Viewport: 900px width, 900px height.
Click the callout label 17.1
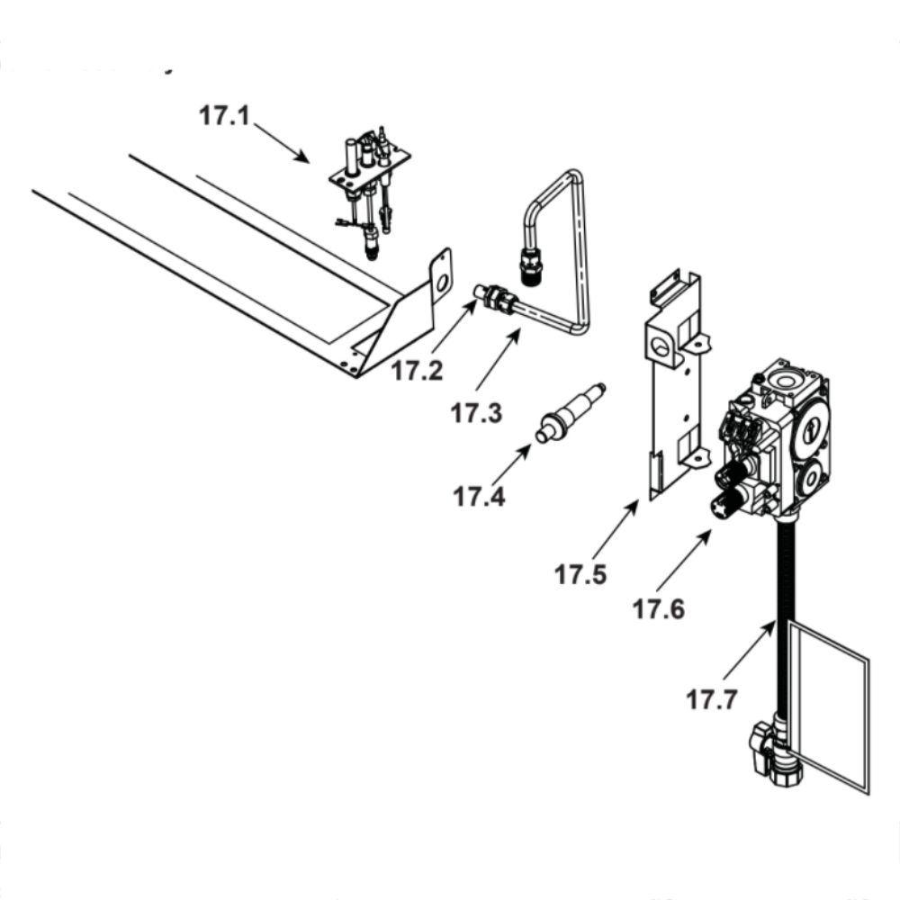pos(223,117)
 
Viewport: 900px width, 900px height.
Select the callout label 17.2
pos(417,370)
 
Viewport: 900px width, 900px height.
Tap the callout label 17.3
pos(476,413)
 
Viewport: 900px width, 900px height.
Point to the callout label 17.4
pos(479,495)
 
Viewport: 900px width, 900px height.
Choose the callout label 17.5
pos(580,574)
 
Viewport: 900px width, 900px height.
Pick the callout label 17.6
pos(658,609)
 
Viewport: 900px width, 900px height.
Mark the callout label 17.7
pos(712,698)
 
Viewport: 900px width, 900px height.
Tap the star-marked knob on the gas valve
pos(723,508)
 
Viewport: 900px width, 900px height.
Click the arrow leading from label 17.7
pos(748,652)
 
